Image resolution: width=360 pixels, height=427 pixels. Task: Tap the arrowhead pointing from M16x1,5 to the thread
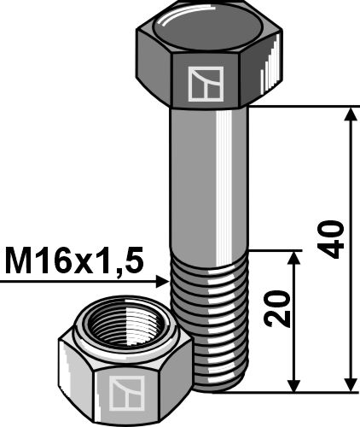click(161, 279)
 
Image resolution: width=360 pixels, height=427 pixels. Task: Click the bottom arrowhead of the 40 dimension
click(350, 382)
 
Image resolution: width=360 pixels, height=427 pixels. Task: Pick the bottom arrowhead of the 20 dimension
click(294, 382)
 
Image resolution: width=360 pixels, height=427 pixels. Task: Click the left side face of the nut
click(72, 376)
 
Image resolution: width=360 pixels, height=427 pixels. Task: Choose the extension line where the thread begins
click(273, 251)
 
